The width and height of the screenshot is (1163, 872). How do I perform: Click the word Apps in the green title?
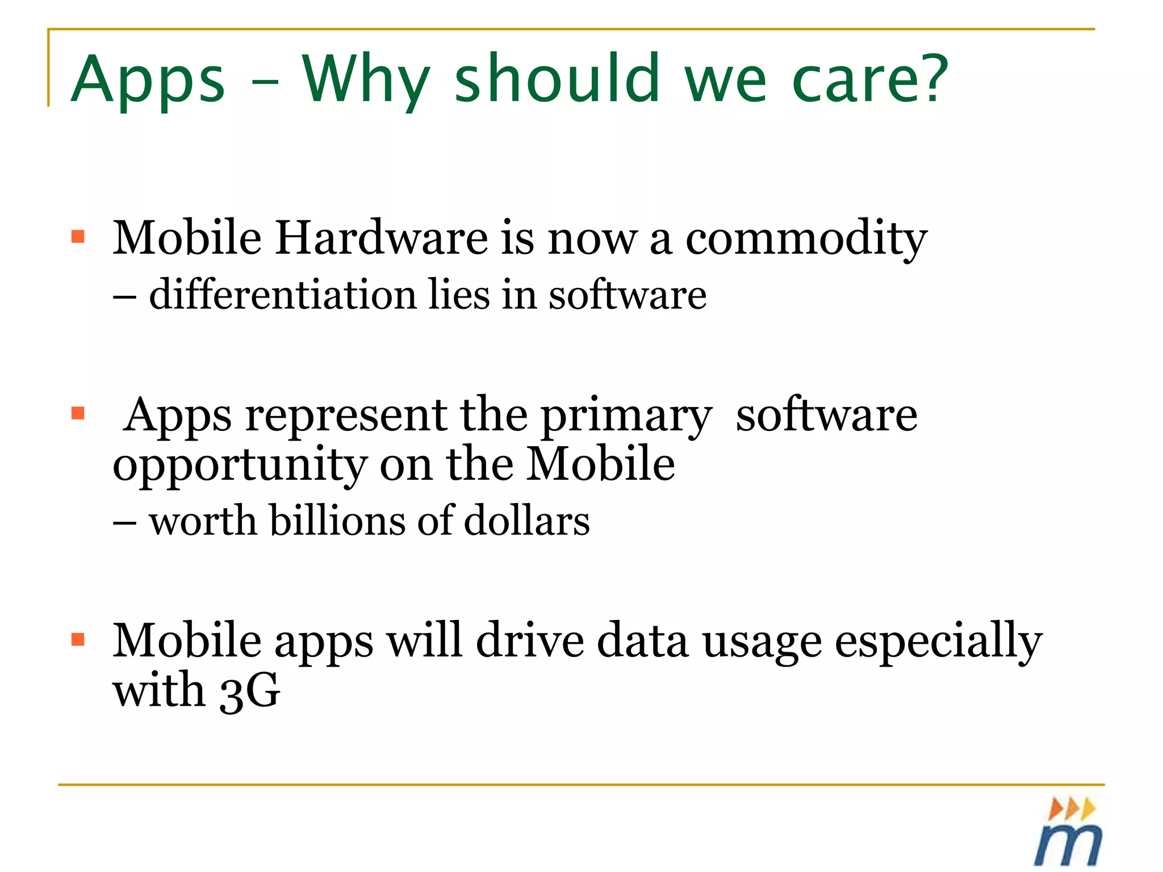point(149,81)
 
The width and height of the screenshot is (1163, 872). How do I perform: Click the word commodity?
point(806,238)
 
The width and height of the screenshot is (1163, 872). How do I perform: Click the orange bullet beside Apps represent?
point(78,413)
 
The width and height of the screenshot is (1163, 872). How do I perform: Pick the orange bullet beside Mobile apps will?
point(78,640)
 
